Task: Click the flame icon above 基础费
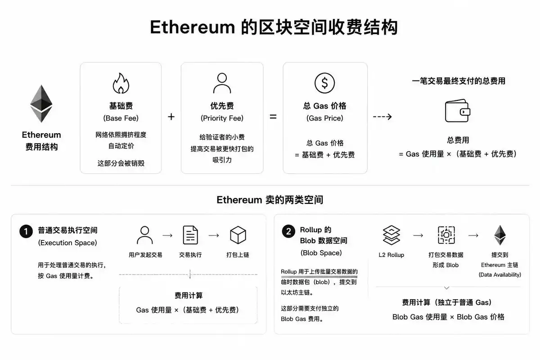coord(121,83)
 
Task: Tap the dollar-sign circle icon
coord(324,83)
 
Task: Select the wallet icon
coord(457,111)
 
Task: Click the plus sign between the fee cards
coord(171,117)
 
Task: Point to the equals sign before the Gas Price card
coord(273,117)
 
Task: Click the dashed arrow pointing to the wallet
coord(382,117)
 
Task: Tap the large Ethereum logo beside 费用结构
coord(41,103)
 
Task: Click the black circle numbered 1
coord(26,231)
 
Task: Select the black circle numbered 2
coord(288,231)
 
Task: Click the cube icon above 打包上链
coord(238,235)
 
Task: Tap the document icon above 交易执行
coord(190,235)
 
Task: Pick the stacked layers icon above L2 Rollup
coord(391,235)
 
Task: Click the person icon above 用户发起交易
coord(144,235)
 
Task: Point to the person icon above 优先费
coord(222,83)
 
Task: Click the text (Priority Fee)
coord(222,118)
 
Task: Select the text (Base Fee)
coord(121,118)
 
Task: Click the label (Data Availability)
coord(500,275)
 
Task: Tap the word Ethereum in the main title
coord(193,27)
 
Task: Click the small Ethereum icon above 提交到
coord(500,235)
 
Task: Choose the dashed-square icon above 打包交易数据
coord(446,235)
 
